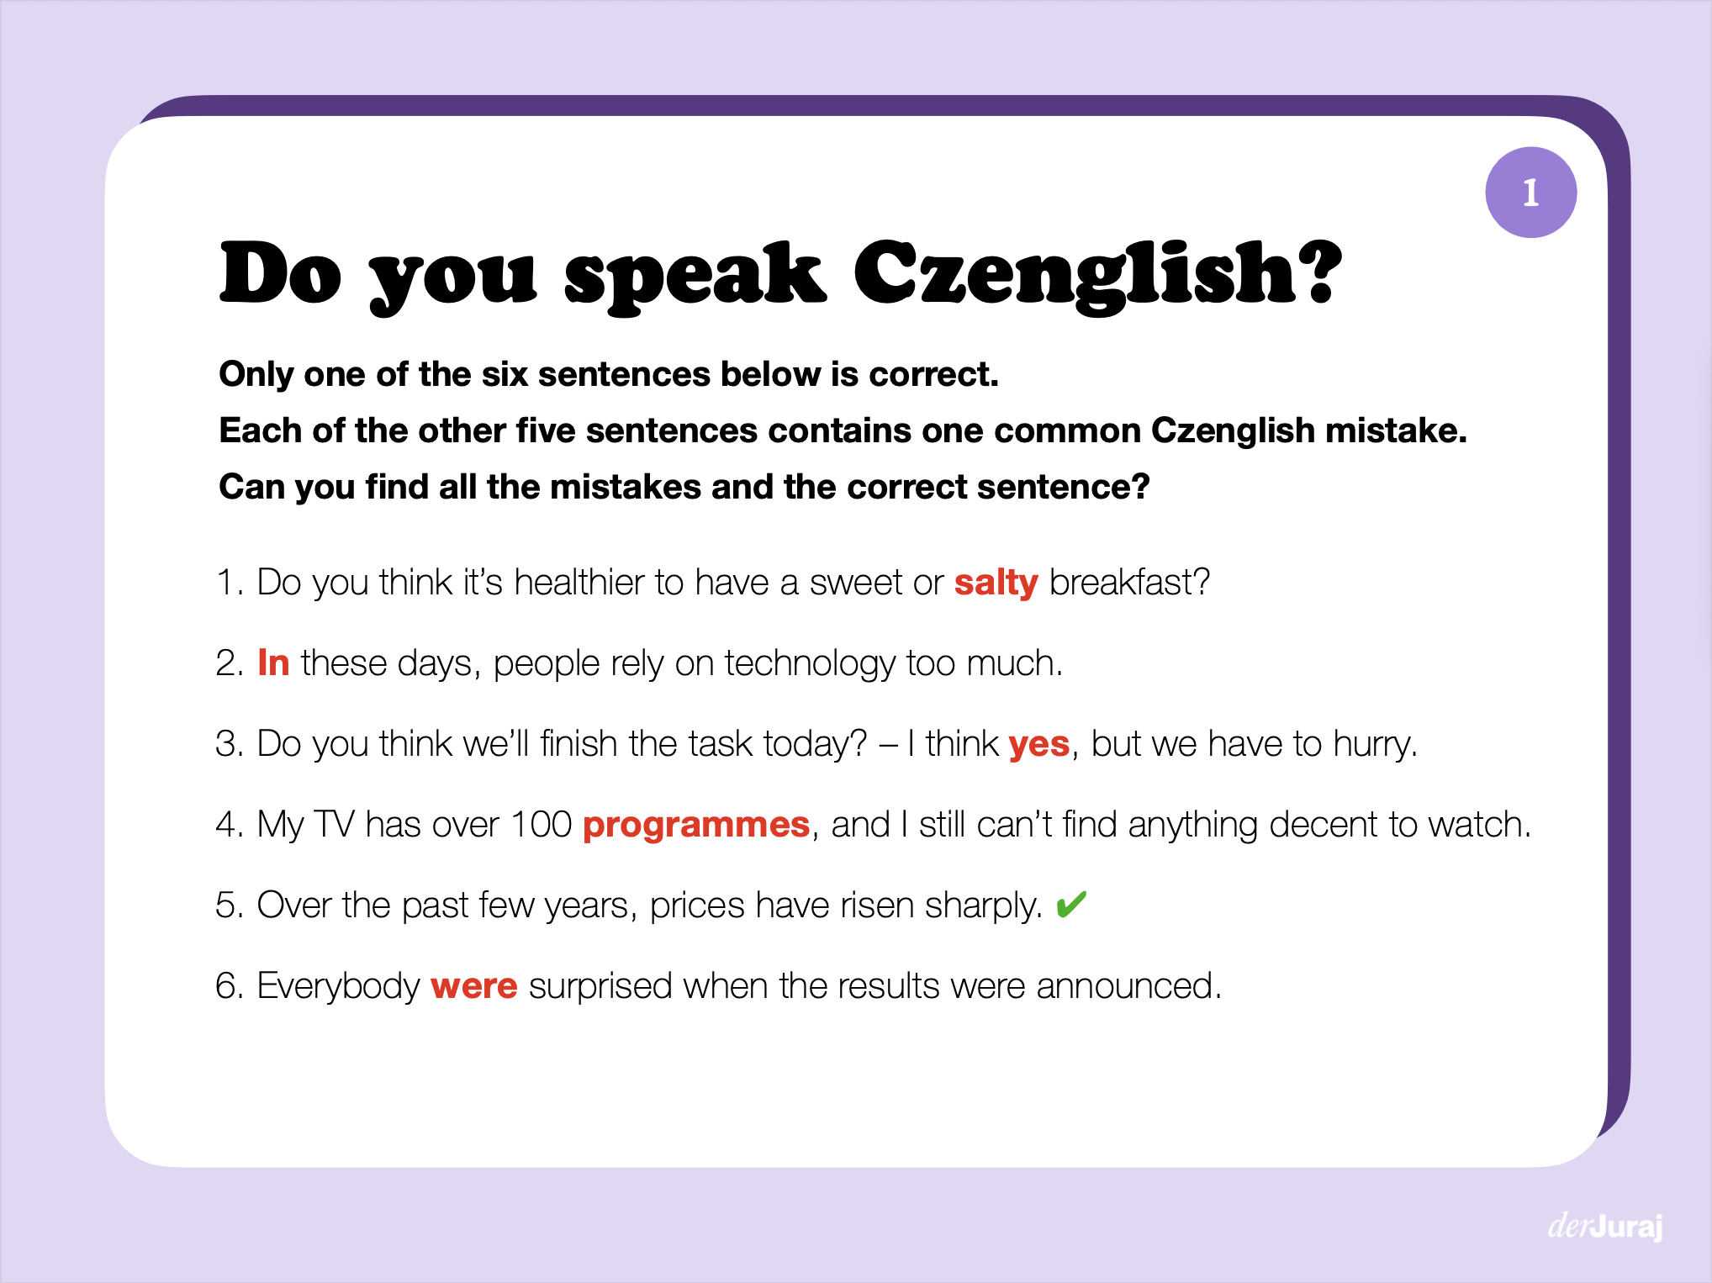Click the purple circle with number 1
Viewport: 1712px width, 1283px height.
pos(1530,193)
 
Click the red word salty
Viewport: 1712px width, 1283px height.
pos(996,583)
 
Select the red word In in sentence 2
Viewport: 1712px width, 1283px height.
pos(273,663)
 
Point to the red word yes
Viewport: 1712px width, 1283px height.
pos(1038,744)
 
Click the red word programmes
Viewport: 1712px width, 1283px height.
pos(695,825)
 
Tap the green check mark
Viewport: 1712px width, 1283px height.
pos(1071,905)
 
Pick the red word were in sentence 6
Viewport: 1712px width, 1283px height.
pos(473,986)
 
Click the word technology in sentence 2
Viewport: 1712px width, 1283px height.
pos(810,664)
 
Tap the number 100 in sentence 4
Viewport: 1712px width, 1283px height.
pos(541,825)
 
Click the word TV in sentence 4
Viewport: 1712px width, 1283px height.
pos(334,825)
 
